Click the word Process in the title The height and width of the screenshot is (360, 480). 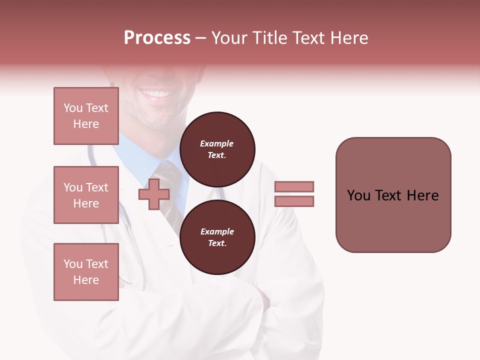[x=157, y=38]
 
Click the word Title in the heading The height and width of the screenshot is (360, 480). [x=269, y=38]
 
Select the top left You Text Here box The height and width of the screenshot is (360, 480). [x=86, y=116]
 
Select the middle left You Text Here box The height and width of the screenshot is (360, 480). [x=86, y=195]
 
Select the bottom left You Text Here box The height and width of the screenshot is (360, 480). [x=86, y=272]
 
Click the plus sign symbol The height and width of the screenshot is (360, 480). [x=153, y=195]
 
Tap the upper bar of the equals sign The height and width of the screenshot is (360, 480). [x=294, y=186]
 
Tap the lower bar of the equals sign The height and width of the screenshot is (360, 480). [x=294, y=201]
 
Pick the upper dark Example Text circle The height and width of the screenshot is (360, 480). [x=217, y=149]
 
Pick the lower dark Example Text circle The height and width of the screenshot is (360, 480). [x=217, y=237]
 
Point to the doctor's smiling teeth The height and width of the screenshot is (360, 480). [x=159, y=93]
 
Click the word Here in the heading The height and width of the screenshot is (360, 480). [x=347, y=38]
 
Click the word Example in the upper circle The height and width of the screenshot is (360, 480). [x=216, y=143]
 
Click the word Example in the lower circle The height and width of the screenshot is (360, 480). [x=217, y=231]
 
